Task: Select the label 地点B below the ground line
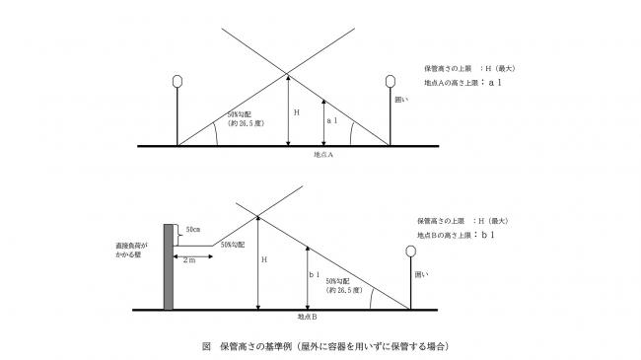click(306, 318)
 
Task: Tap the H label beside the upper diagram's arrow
click(296, 113)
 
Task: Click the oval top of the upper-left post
click(178, 81)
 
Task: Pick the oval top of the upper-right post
click(392, 81)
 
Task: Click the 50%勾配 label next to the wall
click(232, 244)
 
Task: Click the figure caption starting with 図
click(321, 347)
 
